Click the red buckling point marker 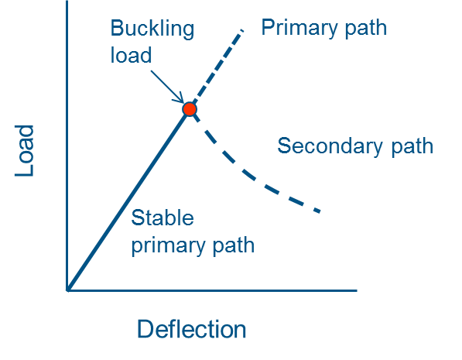pos(190,109)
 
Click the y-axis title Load pos(25,151)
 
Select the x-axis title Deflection pos(191,329)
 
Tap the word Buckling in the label pos(152,29)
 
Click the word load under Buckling pos(131,55)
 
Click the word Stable pos(163,218)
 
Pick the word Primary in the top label pos(299,29)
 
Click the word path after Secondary pos(412,146)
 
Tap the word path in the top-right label pos(365,28)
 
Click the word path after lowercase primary pos(234,245)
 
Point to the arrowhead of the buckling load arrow pos(183,101)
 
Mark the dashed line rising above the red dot pos(218,67)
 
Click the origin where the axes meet pos(67,290)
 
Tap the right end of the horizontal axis pos(357,290)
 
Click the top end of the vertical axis pos(67,2)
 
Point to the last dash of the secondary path pos(317,211)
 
